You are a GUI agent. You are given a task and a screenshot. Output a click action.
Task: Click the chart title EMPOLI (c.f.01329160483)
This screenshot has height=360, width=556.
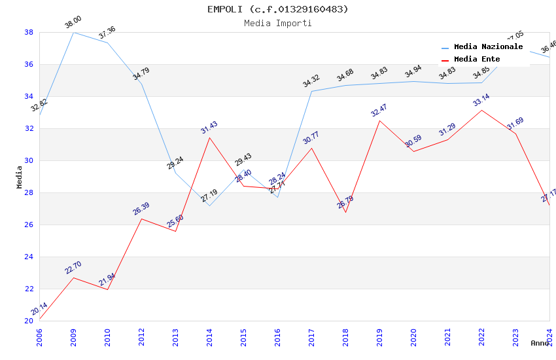(x=278, y=9)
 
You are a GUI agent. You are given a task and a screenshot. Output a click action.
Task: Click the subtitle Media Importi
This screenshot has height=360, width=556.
(x=278, y=23)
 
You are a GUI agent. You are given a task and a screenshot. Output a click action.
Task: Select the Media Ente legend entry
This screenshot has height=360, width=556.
(x=477, y=60)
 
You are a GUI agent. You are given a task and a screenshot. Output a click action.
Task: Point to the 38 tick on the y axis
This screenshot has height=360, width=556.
(x=29, y=32)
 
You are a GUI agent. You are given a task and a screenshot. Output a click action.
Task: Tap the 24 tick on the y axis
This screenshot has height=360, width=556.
(x=29, y=257)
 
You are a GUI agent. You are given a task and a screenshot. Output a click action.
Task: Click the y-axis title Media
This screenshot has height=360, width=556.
(x=19, y=177)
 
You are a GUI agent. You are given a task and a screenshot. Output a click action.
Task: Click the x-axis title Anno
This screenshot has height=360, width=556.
(x=540, y=343)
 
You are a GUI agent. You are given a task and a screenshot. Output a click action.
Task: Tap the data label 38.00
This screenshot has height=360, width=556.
(x=73, y=24)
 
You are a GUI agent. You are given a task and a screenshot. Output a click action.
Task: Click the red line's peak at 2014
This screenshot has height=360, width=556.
(x=209, y=137)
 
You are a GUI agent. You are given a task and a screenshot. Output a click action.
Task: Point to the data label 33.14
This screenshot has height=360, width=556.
(x=481, y=100)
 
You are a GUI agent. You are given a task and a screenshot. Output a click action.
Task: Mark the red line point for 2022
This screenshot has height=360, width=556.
(x=481, y=110)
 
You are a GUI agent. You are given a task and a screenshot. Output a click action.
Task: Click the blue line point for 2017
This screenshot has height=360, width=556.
(x=311, y=91)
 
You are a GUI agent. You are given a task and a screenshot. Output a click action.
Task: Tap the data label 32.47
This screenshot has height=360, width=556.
(x=379, y=111)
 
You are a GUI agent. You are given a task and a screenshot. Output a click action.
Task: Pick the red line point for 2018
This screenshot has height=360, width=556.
(x=345, y=212)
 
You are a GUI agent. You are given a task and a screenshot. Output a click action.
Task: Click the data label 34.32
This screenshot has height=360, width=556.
(x=311, y=81)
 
